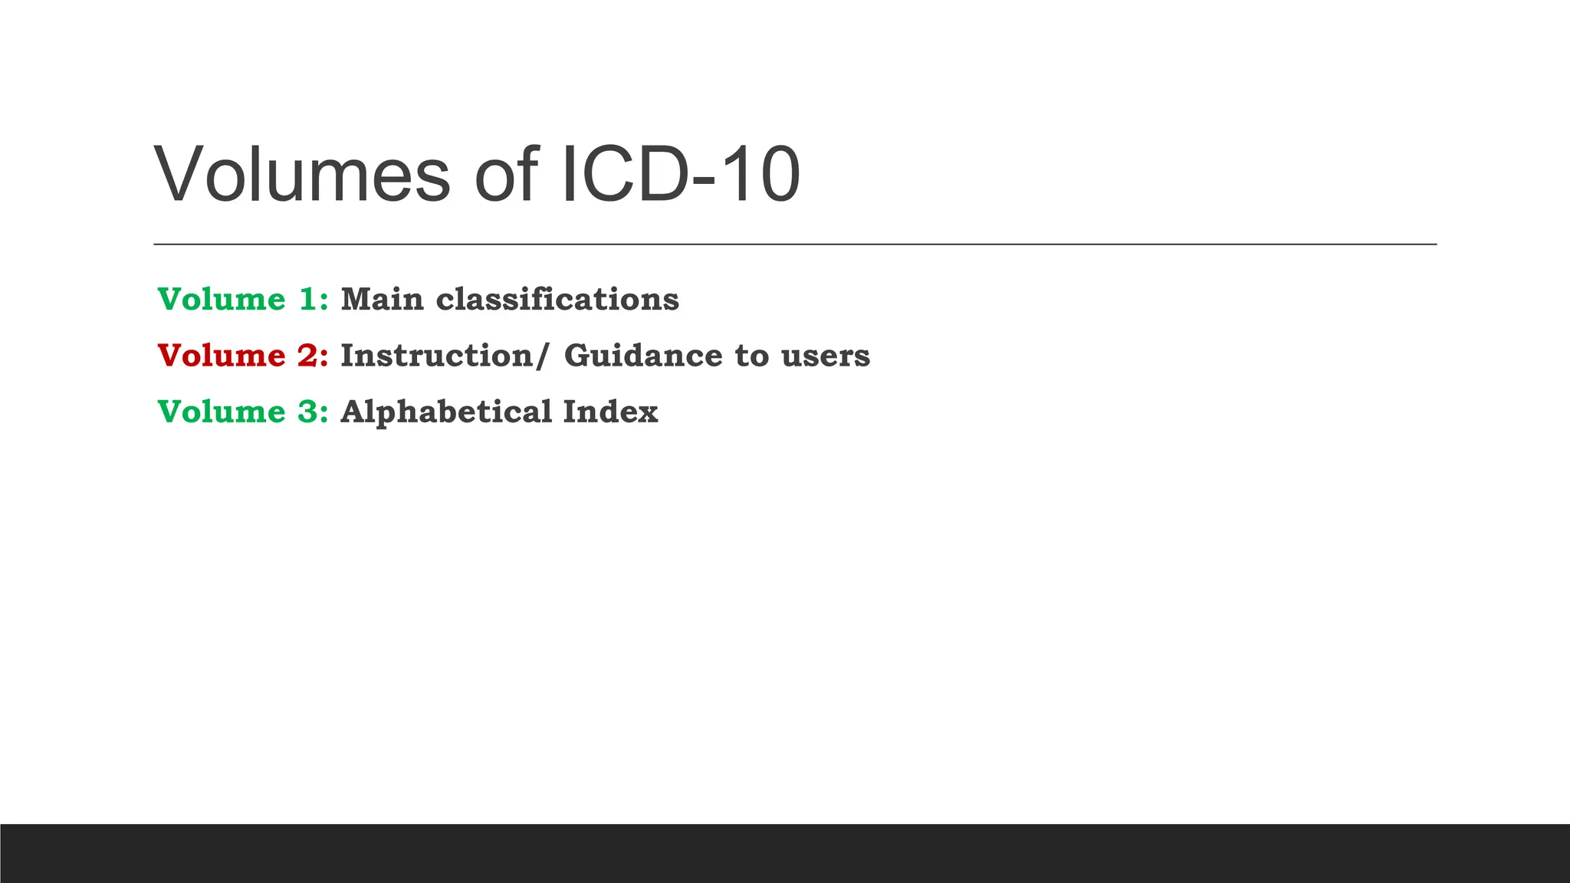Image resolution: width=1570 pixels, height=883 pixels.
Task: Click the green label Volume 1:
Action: pos(243,299)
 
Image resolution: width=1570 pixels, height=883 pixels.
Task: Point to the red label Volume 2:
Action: pos(243,356)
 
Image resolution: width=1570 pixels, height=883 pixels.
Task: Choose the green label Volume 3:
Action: pos(243,412)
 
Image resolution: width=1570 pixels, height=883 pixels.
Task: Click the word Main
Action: pos(382,299)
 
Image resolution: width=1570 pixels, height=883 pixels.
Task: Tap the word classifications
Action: pos(557,299)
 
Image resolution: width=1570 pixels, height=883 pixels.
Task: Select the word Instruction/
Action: pos(445,356)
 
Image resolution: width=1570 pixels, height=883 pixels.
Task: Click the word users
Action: pos(826,356)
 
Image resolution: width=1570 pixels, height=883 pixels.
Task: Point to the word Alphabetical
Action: pos(446,412)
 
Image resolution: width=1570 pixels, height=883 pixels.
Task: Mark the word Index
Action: pos(610,412)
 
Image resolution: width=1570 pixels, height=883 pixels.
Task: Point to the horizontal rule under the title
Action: pos(795,245)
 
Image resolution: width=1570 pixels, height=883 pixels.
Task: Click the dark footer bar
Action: pos(785,853)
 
